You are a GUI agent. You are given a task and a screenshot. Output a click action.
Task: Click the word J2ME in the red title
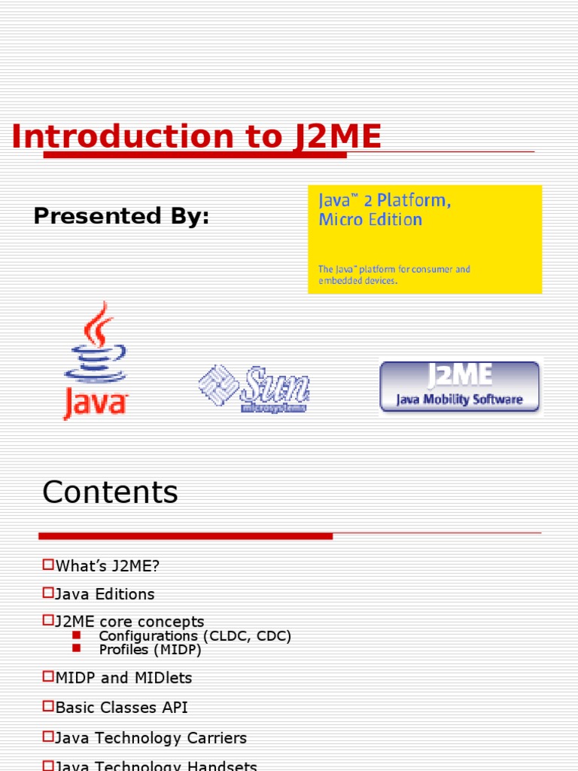[337, 138]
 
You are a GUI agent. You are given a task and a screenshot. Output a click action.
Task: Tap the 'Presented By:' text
[121, 217]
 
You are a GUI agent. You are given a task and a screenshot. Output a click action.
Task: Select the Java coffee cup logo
[96, 360]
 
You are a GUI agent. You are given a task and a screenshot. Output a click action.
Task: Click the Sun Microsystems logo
[254, 389]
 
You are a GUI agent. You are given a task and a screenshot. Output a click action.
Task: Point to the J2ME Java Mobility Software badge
[459, 386]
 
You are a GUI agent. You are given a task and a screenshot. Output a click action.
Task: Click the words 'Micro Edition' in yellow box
[370, 220]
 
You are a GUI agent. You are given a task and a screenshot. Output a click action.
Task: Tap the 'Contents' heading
[110, 492]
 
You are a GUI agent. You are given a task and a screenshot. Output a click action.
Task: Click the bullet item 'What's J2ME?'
[108, 565]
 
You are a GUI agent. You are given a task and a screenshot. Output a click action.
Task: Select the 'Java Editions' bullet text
[105, 594]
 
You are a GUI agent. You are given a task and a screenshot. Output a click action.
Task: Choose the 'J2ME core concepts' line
[129, 622]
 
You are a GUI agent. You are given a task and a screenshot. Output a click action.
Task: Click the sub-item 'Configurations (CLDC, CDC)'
[195, 636]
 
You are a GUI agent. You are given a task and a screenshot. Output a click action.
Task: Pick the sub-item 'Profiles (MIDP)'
[151, 649]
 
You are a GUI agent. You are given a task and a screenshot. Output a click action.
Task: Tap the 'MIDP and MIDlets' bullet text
[123, 678]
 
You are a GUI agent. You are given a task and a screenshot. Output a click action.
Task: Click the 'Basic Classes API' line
[121, 708]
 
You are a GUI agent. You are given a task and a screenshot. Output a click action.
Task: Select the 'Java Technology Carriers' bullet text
[151, 738]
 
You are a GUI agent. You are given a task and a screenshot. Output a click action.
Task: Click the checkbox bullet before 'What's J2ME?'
[48, 564]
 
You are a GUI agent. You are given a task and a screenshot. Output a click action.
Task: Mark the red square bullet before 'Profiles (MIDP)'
[76, 648]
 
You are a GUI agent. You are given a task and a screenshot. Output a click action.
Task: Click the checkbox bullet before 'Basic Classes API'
[48, 707]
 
